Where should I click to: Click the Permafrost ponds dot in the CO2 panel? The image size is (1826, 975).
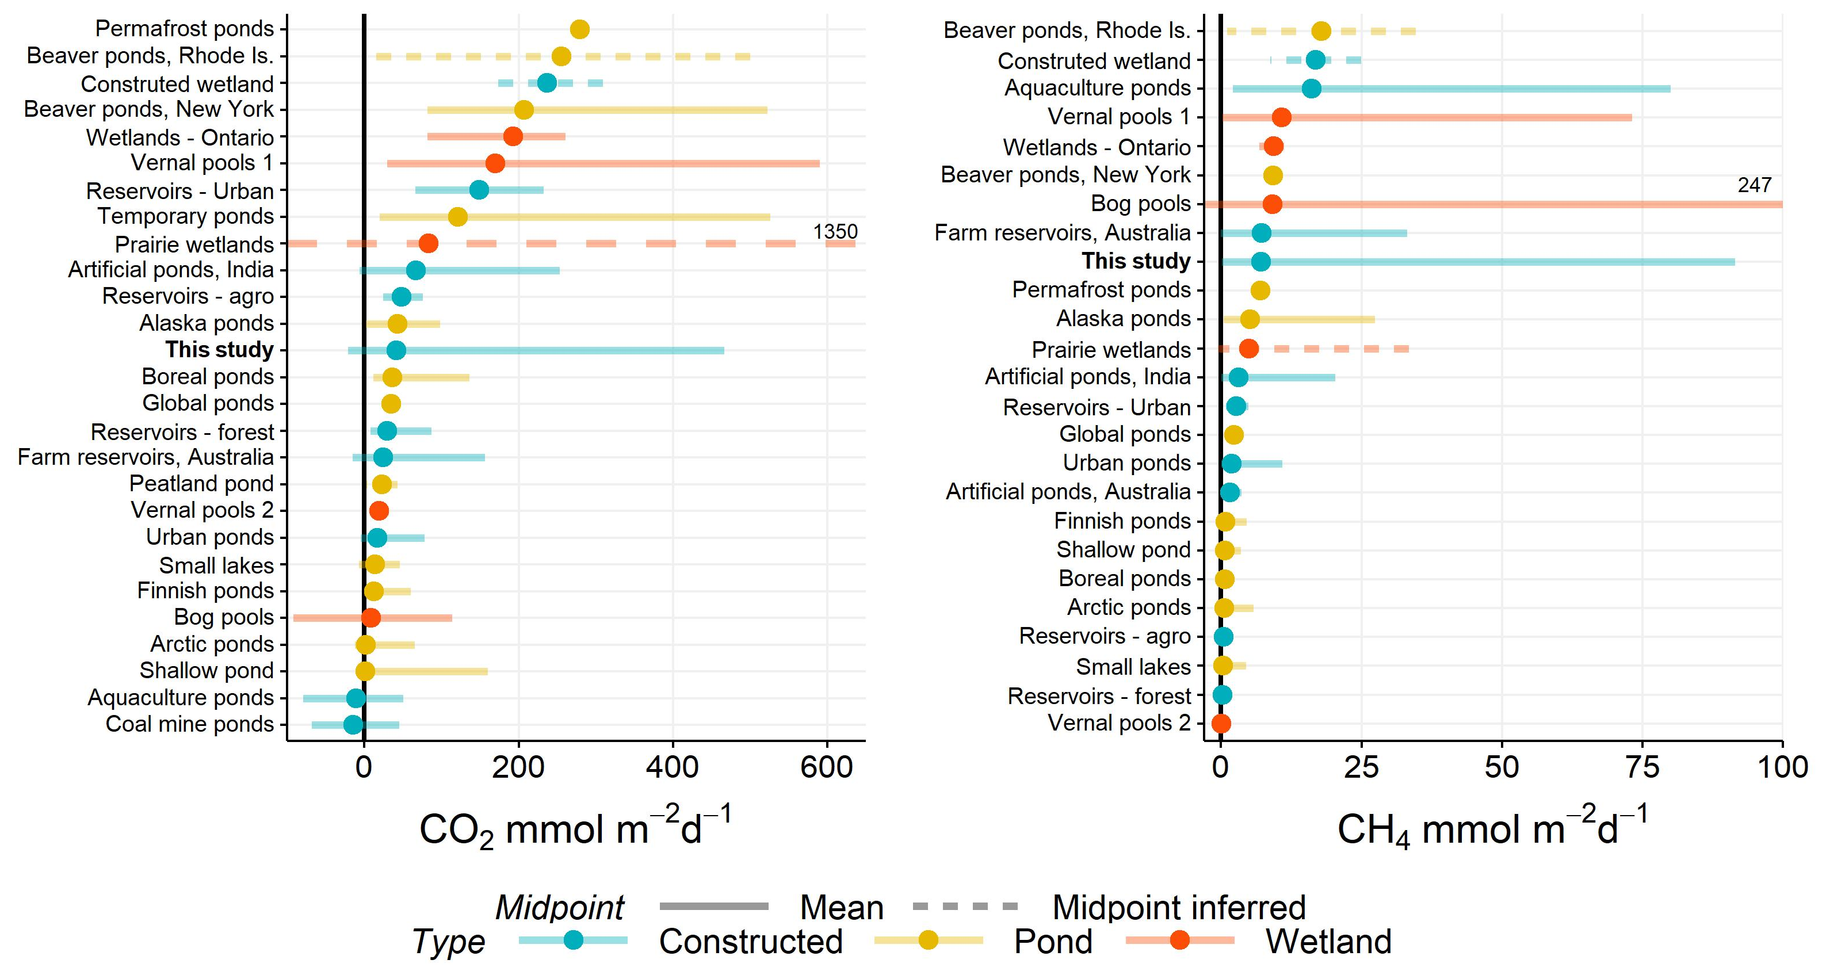[x=580, y=29]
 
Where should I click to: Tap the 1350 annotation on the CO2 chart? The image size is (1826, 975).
[x=835, y=232]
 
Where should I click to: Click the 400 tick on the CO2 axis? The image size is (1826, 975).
[x=673, y=767]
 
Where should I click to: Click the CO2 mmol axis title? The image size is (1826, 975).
[x=575, y=828]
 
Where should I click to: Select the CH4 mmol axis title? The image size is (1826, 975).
[x=1492, y=828]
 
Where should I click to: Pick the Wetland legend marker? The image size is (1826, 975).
[x=1179, y=940]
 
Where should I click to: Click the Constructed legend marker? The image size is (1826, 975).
[x=574, y=940]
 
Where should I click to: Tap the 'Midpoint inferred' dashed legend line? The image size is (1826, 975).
[x=965, y=907]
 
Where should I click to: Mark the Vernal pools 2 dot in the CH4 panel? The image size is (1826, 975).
[x=1221, y=724]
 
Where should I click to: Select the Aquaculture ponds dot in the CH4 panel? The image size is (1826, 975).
[x=1311, y=89]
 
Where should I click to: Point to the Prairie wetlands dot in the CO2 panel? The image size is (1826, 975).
[x=428, y=244]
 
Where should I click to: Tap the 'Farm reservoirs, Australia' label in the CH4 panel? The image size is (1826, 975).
[x=1062, y=232]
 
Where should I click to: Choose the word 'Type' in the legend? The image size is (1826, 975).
[x=449, y=942]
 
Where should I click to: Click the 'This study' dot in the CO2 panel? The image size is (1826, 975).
[x=396, y=350]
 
